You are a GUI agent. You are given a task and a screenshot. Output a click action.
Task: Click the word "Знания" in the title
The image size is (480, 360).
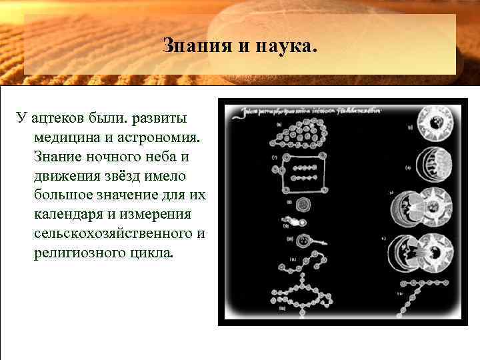(188, 47)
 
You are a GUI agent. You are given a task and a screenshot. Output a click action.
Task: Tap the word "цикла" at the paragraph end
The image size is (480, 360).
(153, 253)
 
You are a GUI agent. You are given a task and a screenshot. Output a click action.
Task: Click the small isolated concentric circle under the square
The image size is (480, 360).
(303, 204)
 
